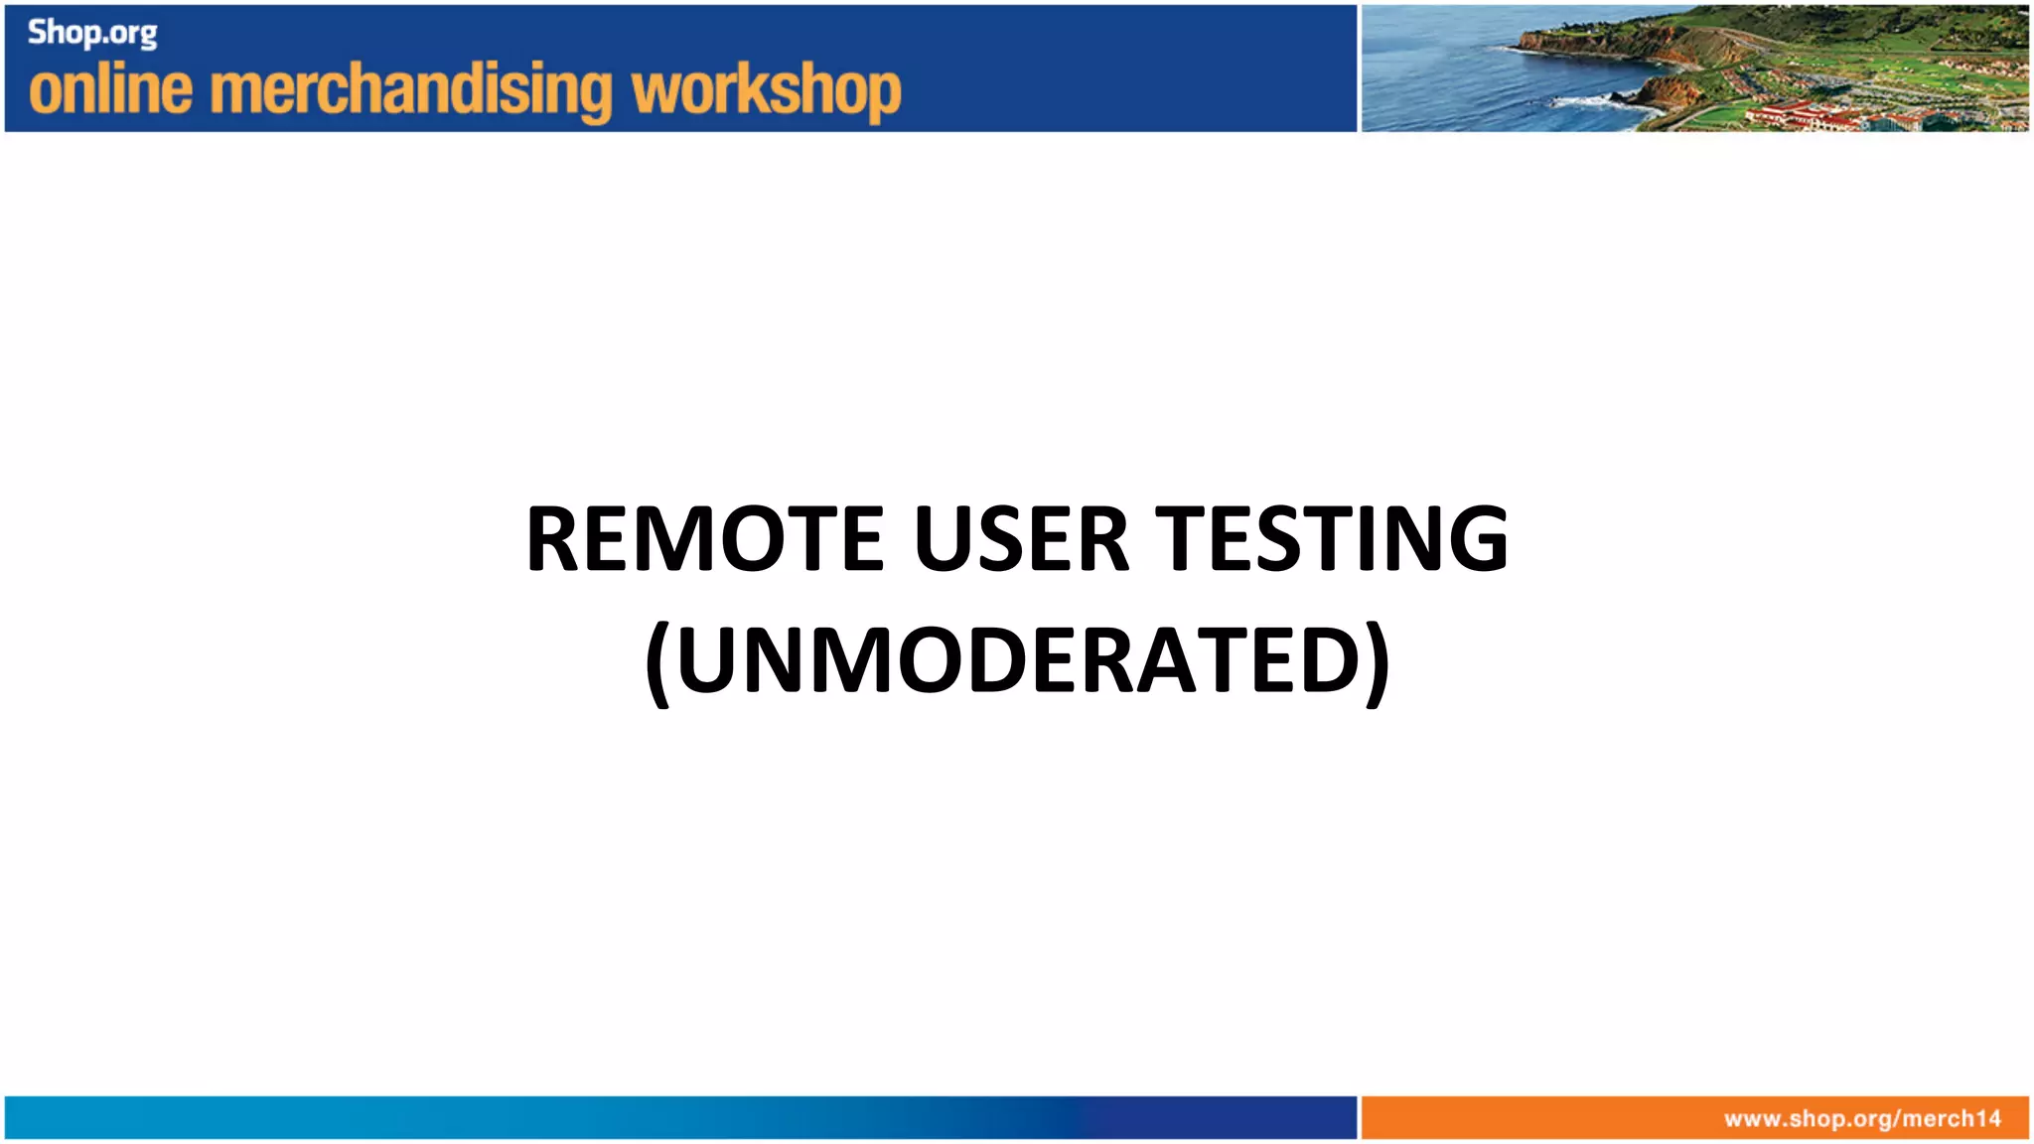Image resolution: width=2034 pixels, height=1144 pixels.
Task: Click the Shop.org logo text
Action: pyautogui.click(x=92, y=33)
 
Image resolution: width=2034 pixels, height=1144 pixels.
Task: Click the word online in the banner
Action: pyautogui.click(x=110, y=89)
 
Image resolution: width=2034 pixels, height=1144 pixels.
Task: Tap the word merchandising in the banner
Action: pyautogui.click(x=412, y=91)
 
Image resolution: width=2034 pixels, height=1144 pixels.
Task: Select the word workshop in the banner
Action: pyautogui.click(x=766, y=91)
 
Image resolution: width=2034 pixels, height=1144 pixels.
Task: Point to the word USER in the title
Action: pyautogui.click(x=1021, y=539)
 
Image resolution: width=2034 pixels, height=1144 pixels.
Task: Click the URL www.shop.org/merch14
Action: pyautogui.click(x=1862, y=1119)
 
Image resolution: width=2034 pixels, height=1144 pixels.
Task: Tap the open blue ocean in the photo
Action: pyautogui.click(x=1440, y=70)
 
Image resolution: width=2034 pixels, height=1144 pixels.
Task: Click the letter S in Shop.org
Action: pyautogui.click(x=37, y=32)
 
